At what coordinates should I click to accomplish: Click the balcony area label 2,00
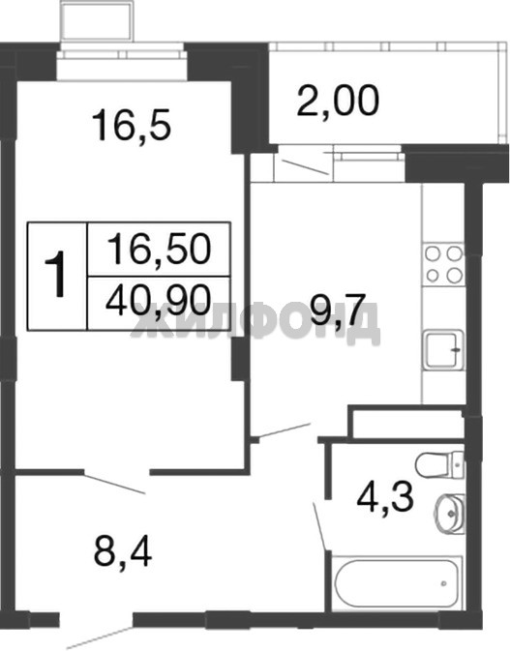[x=338, y=100]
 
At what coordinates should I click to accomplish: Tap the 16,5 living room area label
[x=132, y=124]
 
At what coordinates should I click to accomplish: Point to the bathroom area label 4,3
[x=385, y=497]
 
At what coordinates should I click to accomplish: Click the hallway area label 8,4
[x=123, y=552]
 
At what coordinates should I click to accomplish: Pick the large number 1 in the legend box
[x=56, y=274]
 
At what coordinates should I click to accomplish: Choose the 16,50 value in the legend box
[x=159, y=249]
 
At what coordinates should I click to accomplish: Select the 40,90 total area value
[x=159, y=302]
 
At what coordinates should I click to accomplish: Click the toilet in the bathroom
[x=439, y=464]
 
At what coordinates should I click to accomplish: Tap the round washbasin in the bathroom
[x=450, y=514]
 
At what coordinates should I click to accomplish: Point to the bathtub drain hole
[x=443, y=583]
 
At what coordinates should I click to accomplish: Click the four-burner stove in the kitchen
[x=443, y=264]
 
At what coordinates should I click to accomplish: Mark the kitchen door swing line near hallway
[x=285, y=430]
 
